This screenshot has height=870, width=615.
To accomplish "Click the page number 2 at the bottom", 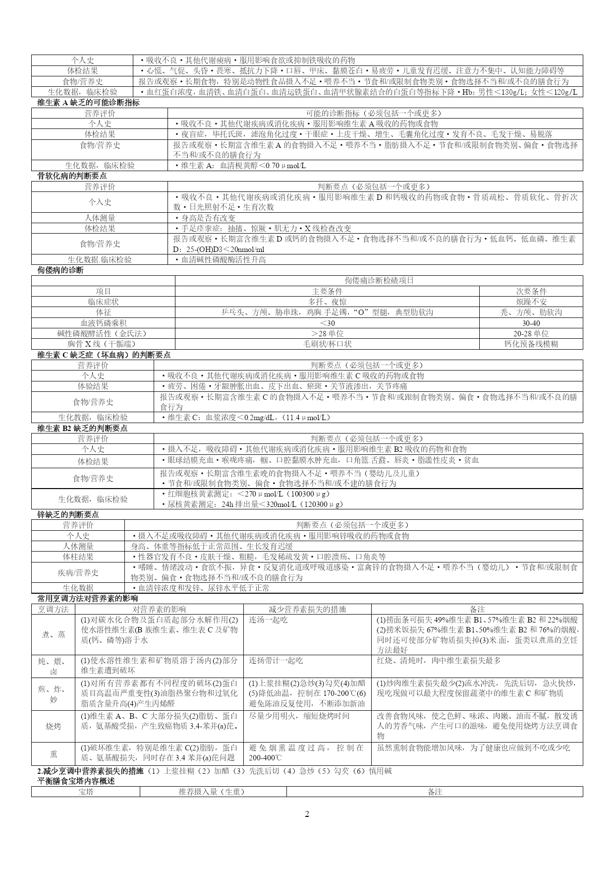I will (307, 814).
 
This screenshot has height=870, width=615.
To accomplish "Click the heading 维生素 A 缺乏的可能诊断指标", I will (88, 103).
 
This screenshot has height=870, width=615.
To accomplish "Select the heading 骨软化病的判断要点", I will (72, 176).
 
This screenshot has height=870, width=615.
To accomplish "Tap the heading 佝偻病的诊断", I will (60, 270).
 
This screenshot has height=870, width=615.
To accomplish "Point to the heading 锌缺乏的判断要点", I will (68, 514).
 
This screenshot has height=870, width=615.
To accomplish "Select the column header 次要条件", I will (531, 291).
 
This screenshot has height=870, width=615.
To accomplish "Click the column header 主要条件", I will (327, 291).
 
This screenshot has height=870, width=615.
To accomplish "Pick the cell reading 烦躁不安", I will (531, 302).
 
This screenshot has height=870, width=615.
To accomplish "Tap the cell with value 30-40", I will (531, 323).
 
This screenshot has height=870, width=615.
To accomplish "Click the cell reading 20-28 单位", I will (531, 333).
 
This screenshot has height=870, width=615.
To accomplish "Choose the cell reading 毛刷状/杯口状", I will (327, 344).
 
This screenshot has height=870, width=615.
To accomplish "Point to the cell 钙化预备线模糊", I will (531, 344).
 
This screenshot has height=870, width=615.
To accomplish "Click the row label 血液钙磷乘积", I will (103, 323).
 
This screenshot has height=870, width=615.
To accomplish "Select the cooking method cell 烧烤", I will (54, 726).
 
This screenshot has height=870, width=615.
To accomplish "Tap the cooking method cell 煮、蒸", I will (54, 634).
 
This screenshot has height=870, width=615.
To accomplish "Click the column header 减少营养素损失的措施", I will (307, 609).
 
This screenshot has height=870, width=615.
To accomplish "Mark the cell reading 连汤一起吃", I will (268, 620).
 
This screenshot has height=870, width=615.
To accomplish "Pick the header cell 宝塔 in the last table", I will (86, 792).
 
